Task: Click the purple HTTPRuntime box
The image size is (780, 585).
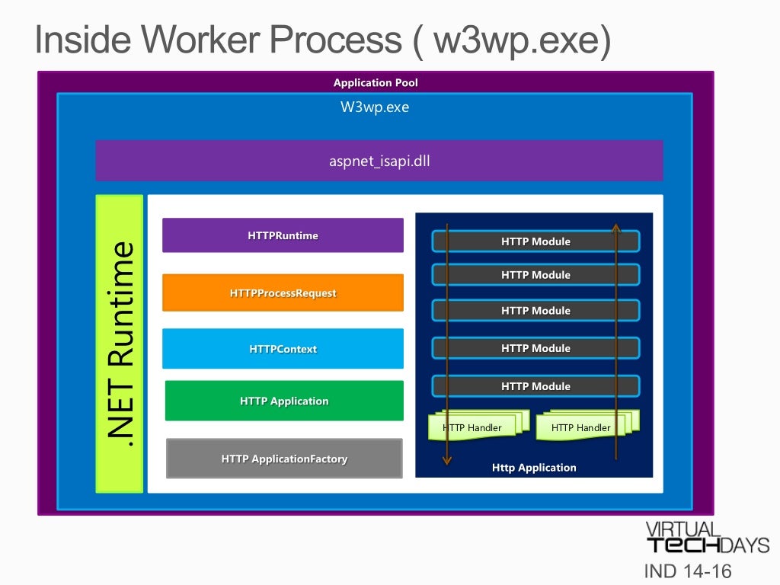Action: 283,235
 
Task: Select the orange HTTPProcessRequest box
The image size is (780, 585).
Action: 283,292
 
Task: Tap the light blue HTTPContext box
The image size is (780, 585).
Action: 283,349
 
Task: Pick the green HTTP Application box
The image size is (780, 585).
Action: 284,401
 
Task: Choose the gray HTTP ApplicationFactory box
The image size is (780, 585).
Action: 284,458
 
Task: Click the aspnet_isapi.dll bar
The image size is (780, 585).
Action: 379,161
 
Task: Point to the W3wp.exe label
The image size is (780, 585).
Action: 375,107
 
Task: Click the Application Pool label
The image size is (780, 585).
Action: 376,82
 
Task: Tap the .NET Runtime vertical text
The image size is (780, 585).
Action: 120,344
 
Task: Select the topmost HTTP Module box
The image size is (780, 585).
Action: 535,241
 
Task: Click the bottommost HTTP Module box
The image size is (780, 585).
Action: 535,386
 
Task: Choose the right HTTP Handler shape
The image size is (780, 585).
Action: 587,426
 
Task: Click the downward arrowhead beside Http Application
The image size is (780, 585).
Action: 446,461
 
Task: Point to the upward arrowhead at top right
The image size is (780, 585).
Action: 615,228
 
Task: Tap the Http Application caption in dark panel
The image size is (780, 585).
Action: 534,468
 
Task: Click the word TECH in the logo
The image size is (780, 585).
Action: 683,545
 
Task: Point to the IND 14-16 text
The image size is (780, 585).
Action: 688,571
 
